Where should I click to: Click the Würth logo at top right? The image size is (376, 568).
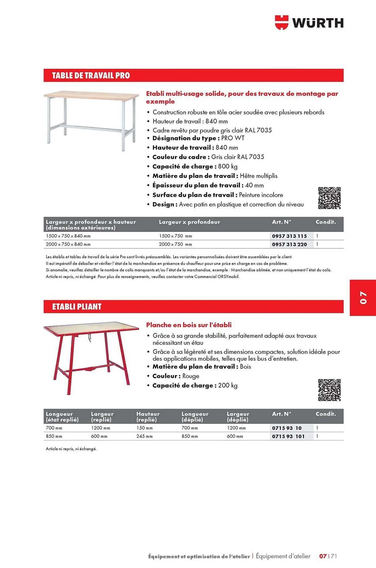[x=309, y=22]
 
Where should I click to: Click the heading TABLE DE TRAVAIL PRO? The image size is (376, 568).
[x=91, y=76]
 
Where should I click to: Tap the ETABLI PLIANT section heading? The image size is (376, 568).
[x=77, y=307]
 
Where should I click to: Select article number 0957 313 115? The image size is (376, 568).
[x=289, y=236]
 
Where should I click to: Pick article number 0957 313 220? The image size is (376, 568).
[x=289, y=244]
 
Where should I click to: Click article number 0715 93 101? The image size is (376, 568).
[x=288, y=436]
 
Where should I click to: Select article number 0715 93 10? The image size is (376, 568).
[x=287, y=428]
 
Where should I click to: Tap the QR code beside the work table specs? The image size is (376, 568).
[x=329, y=198]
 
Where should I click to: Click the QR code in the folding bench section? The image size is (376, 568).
[x=329, y=390]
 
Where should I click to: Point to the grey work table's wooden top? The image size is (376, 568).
[x=91, y=95]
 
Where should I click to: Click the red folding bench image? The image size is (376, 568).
[x=91, y=358]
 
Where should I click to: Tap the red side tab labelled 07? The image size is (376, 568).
[x=363, y=297]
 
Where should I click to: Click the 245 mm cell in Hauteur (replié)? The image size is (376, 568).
[x=144, y=436]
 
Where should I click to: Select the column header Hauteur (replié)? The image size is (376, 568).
[x=148, y=417]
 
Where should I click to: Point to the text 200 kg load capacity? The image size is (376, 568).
[x=228, y=385]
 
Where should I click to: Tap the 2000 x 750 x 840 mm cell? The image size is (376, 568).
[x=68, y=244]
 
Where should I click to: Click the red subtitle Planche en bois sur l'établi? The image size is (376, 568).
[x=189, y=325]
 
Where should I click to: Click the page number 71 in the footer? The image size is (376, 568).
[x=334, y=556]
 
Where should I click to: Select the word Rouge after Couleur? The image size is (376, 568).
[x=191, y=376]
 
